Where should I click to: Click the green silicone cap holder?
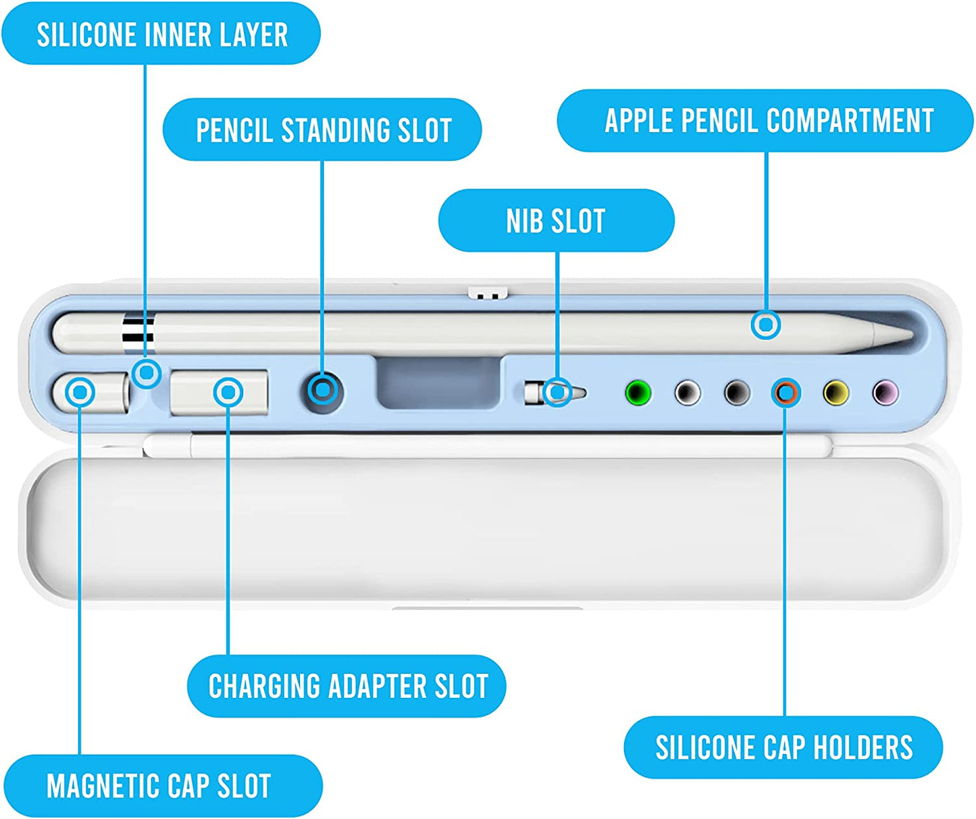click(x=638, y=393)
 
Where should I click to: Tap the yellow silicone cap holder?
click(x=836, y=393)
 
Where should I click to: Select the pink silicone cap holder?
click(x=885, y=392)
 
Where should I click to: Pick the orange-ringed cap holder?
click(x=786, y=392)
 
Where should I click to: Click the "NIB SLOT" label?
click(x=556, y=221)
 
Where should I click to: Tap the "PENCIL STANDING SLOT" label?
click(x=323, y=130)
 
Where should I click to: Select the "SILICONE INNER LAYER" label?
click(x=161, y=34)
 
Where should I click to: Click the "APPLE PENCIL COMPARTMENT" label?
click(x=768, y=121)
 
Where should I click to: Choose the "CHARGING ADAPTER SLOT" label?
click(x=347, y=686)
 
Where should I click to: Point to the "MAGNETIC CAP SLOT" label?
click(x=159, y=785)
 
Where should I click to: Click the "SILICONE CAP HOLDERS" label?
click(x=784, y=747)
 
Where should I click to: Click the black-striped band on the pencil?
click(x=138, y=332)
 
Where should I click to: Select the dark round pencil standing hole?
click(x=323, y=391)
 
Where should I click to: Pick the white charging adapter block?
click(x=218, y=392)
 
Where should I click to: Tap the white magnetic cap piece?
click(x=91, y=393)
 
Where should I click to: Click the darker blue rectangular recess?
click(x=438, y=382)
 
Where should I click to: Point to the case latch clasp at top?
click(x=488, y=293)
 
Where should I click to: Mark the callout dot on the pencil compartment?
click(x=766, y=325)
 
